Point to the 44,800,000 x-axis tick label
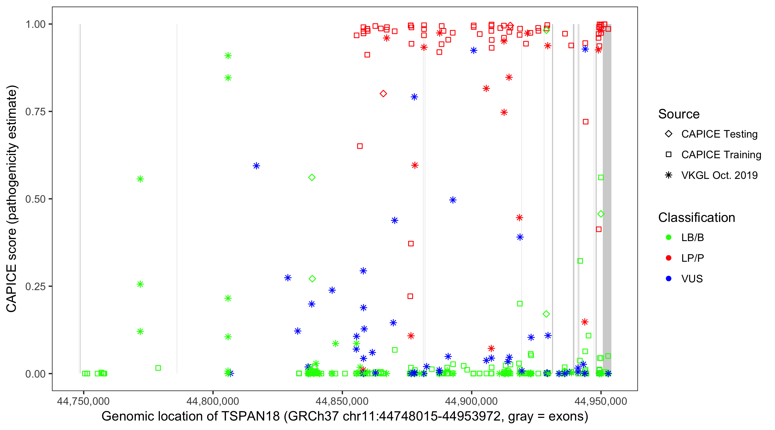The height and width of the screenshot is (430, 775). pos(213,401)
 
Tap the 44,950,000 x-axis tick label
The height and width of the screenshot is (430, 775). pos(601,401)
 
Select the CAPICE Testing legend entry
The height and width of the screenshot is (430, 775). pos(719,134)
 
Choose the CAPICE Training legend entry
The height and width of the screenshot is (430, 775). pos(721,155)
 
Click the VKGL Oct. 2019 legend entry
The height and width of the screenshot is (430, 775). pos(719,175)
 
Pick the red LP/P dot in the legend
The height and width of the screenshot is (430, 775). pos(669,258)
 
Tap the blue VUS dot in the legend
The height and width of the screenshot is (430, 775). pos(669,279)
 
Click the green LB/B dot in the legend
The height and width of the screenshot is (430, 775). pos(669,237)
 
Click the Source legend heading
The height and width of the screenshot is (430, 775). pos(679,114)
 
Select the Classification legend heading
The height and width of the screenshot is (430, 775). pos(696,218)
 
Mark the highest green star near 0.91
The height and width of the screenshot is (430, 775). pos(228,56)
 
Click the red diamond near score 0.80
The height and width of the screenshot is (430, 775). pos(383,94)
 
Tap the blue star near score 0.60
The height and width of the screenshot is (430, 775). pos(256,166)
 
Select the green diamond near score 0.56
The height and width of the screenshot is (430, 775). pos(312,177)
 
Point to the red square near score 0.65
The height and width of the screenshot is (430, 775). pos(360,146)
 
